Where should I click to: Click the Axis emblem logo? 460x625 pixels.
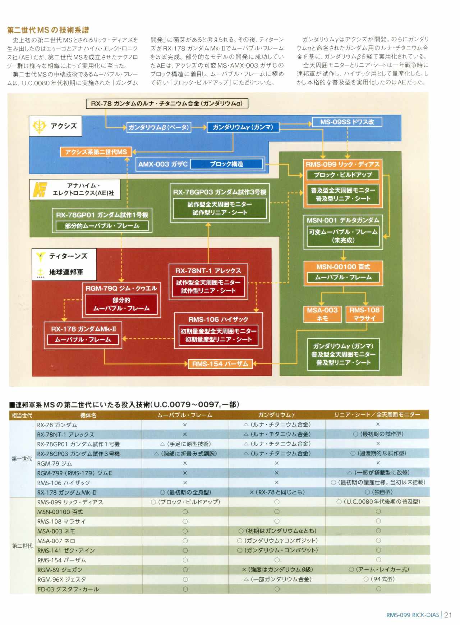pyautogui.click(x=40, y=126)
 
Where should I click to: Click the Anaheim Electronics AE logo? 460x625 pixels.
pyautogui.click(x=40, y=189)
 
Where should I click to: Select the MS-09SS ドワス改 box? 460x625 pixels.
pyautogui.click(x=347, y=122)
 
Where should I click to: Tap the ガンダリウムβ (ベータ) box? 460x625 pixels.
pyautogui.click(x=158, y=127)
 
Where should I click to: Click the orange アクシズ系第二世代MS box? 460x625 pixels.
pyautogui.click(x=96, y=152)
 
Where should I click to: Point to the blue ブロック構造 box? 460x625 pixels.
pyautogui.click(x=227, y=164)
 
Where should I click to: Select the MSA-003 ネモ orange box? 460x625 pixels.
pyautogui.click(x=322, y=314)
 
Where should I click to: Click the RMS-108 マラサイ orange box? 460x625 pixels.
pyautogui.click(x=364, y=314)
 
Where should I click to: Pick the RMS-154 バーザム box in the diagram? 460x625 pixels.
pyautogui.click(x=220, y=364)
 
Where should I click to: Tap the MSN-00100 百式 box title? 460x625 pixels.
pyautogui.click(x=343, y=267)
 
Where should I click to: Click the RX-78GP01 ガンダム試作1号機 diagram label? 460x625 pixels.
pyautogui.click(x=102, y=215)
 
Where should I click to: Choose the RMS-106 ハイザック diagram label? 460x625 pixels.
pyautogui.click(x=218, y=319)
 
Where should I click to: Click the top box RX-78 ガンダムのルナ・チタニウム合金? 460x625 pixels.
pyautogui.click(x=167, y=104)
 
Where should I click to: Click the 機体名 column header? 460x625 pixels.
pyautogui.click(x=88, y=415)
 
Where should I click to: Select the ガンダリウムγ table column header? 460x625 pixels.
pyautogui.click(x=276, y=415)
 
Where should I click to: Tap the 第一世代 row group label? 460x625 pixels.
pyautogui.click(x=22, y=459)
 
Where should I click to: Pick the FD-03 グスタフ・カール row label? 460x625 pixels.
pyautogui.click(x=68, y=589)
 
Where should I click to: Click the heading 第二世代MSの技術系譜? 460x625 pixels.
pyautogui.click(x=48, y=30)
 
